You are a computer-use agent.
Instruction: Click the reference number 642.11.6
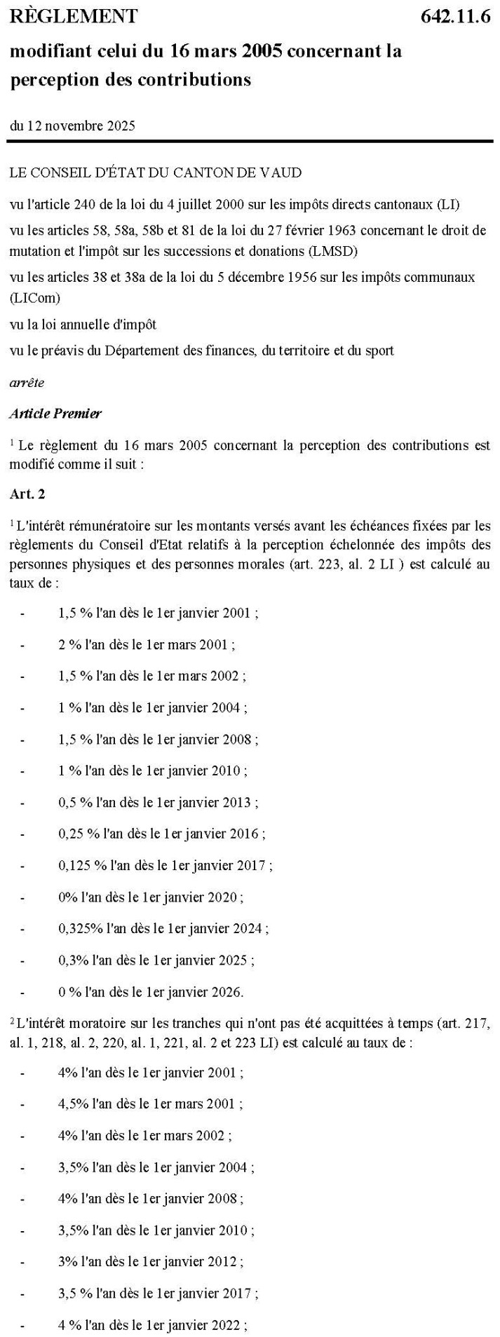[x=456, y=17]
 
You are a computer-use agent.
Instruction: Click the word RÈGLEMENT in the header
[x=74, y=17]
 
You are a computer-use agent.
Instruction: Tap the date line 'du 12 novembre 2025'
[x=72, y=126]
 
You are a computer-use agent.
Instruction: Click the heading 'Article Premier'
[x=55, y=414]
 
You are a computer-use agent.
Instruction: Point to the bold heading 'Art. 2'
[x=27, y=494]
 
